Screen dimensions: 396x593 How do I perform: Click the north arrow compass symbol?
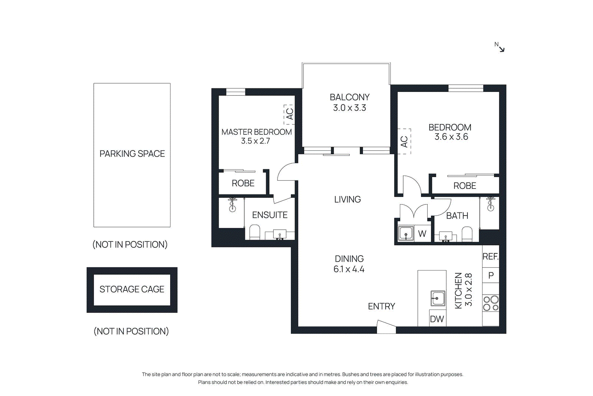pyautogui.click(x=500, y=47)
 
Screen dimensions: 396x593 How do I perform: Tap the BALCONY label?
pyautogui.click(x=349, y=97)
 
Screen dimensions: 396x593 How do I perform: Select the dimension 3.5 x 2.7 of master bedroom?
pyautogui.click(x=255, y=141)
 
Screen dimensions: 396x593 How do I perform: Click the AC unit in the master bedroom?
pyautogui.click(x=289, y=114)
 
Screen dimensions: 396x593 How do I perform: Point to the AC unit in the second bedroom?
pyautogui.click(x=404, y=141)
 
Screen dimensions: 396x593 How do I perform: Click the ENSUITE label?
pyautogui.click(x=269, y=215)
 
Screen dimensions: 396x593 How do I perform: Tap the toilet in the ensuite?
pyautogui.click(x=255, y=232)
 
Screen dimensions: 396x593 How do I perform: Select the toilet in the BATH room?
pyautogui.click(x=467, y=234)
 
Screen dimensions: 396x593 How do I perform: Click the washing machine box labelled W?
pyautogui.click(x=422, y=234)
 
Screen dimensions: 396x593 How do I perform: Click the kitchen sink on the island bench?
pyautogui.click(x=438, y=298)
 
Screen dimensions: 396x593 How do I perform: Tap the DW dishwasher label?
pyautogui.click(x=437, y=319)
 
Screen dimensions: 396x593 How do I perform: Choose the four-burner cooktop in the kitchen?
pyautogui.click(x=491, y=303)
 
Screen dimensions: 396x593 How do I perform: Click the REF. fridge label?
pyautogui.click(x=490, y=257)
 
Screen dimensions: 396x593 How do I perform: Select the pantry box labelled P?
pyautogui.click(x=491, y=275)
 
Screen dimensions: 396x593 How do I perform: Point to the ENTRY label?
pyautogui.click(x=381, y=307)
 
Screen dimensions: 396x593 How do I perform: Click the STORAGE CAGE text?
pyautogui.click(x=132, y=289)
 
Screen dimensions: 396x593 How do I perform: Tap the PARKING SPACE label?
pyautogui.click(x=132, y=154)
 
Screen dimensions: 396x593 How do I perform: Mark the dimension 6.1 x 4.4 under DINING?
pyautogui.click(x=349, y=269)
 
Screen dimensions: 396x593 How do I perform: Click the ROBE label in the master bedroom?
pyautogui.click(x=243, y=183)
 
